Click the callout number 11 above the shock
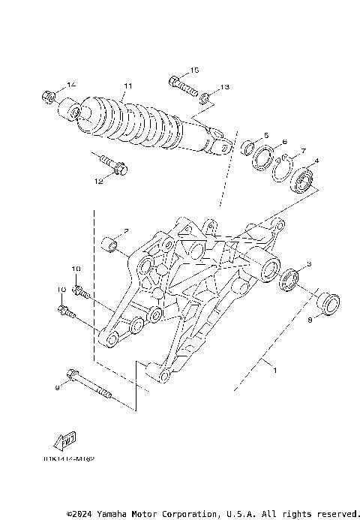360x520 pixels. coord(128,86)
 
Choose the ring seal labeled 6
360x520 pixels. coord(264,160)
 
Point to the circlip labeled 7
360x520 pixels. coord(283,170)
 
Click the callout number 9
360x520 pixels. coord(57,388)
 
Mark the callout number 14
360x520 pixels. coord(72,84)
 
